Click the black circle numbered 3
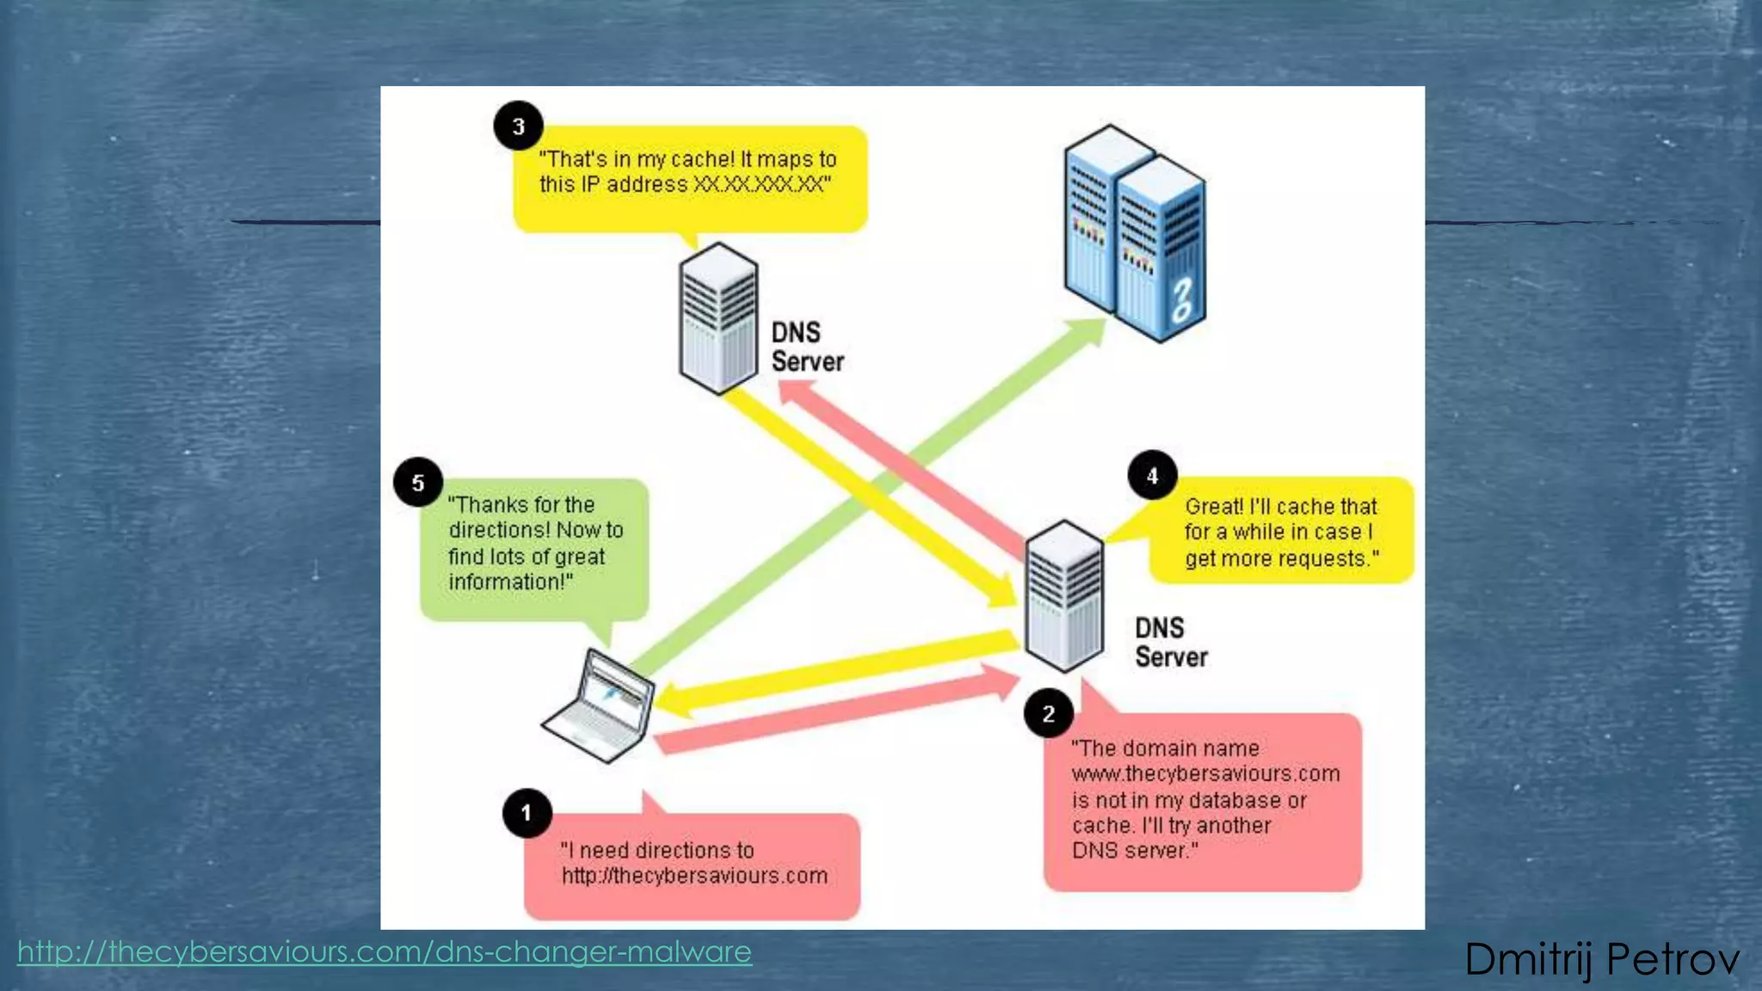[x=518, y=126]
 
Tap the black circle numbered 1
[x=527, y=813]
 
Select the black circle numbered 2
[x=1048, y=713]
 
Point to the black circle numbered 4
[x=1152, y=475]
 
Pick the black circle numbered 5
[x=418, y=483]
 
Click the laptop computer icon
[x=600, y=707]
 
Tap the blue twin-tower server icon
[x=1135, y=232]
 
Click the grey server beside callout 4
[x=1064, y=595]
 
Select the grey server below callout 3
[x=718, y=318]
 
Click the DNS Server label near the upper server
[x=806, y=347]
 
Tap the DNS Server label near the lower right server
[x=1170, y=642]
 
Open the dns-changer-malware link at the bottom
[x=385, y=951]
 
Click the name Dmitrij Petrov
[x=1601, y=959]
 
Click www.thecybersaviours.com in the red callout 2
[x=1205, y=773]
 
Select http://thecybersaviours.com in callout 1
[x=694, y=876]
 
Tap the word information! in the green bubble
[x=510, y=582]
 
